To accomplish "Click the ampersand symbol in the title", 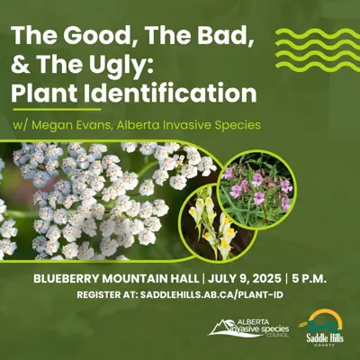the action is (21, 64).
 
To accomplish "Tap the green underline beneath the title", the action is (57, 110).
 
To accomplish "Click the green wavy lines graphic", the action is (318, 49).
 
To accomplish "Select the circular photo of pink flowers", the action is (256, 189).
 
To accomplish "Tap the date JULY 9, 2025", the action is (244, 279).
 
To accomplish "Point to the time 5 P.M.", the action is (310, 279).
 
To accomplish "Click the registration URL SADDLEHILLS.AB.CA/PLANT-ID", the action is (211, 294).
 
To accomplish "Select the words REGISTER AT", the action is (107, 294).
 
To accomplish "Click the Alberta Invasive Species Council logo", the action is (248, 328).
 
